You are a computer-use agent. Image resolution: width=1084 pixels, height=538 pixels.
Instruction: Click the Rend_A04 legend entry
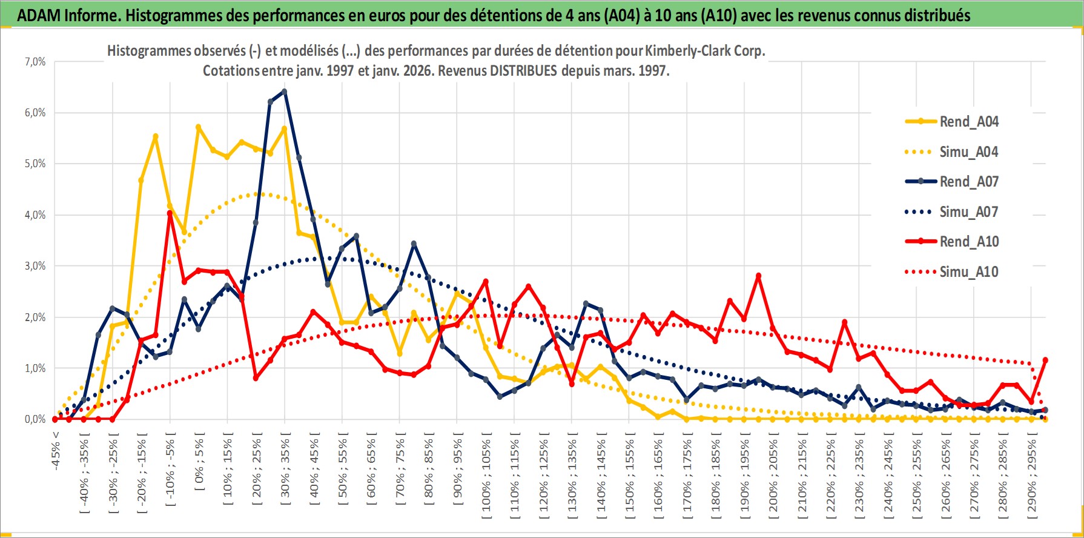(968, 122)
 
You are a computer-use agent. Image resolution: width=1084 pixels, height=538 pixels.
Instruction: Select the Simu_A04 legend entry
(968, 152)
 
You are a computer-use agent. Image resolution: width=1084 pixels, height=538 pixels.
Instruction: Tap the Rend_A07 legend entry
(968, 182)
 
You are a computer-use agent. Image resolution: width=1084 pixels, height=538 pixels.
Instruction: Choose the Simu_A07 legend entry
(968, 212)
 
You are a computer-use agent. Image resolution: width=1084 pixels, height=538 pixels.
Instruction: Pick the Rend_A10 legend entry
(968, 242)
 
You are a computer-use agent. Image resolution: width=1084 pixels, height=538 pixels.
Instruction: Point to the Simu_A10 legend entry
(968, 272)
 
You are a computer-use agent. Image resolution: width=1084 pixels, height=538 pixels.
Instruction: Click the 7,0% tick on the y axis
(35, 62)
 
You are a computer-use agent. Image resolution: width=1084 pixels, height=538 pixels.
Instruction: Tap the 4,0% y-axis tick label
(35, 215)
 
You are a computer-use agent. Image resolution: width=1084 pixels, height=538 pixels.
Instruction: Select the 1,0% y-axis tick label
(35, 368)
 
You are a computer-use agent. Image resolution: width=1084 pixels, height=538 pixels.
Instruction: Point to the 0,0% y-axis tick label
(35, 419)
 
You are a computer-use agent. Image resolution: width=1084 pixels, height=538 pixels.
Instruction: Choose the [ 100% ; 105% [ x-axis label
(486, 476)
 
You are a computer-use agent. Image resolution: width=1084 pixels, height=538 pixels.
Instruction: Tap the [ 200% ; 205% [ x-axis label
(773, 476)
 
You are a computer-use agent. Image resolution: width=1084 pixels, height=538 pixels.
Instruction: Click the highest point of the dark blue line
(284, 91)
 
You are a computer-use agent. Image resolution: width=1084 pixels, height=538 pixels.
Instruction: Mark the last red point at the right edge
(1045, 360)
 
